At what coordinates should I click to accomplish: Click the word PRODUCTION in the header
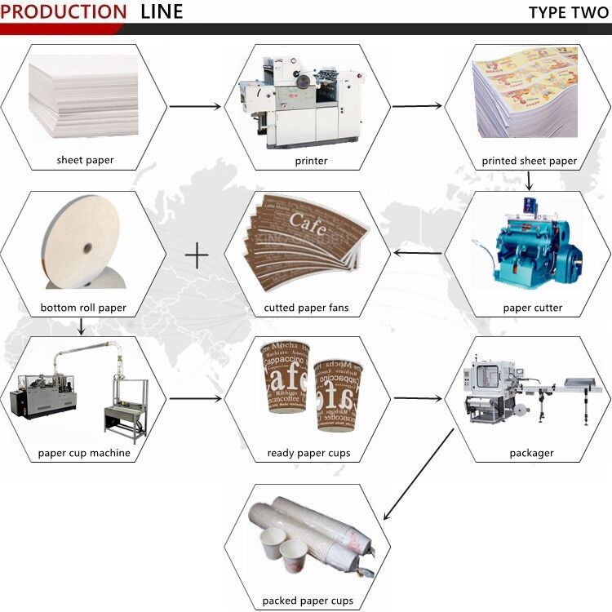64,12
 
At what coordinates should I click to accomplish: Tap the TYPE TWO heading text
568,12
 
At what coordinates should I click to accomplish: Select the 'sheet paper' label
86,160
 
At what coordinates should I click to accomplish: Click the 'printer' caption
311,161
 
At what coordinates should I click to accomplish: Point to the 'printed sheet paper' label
529,161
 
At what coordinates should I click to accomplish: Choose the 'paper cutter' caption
532,308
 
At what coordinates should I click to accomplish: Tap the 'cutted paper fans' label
306,308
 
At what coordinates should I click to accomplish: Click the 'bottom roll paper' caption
82,308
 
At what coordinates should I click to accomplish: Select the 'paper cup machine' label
84,453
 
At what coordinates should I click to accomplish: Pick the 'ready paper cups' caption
308,453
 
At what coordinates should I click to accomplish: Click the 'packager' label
531,453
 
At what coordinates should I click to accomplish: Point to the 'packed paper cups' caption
308,601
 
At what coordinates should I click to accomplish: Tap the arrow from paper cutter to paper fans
418,254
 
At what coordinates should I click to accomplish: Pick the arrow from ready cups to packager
418,399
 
